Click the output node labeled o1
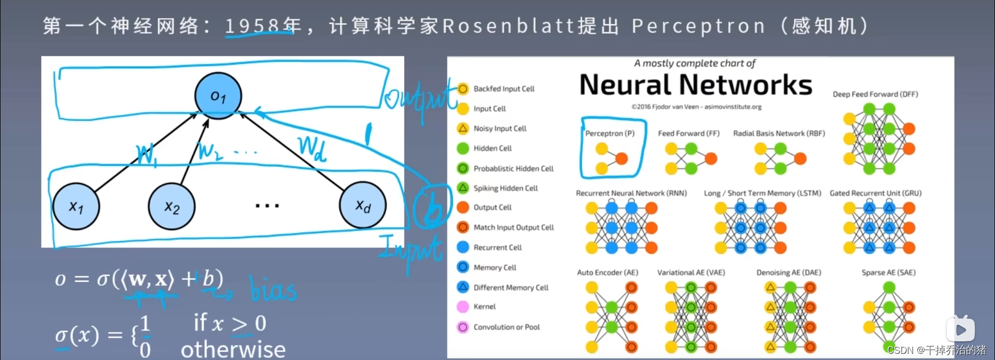point(218,96)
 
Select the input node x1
point(76,206)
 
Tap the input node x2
point(172,206)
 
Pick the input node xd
point(363,205)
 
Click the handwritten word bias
point(273,289)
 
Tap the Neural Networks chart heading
point(695,85)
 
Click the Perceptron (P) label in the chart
point(610,133)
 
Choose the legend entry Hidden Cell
point(492,148)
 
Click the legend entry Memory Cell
point(494,267)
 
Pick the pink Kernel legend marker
point(463,307)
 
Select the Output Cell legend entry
point(492,207)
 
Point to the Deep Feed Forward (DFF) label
point(875,94)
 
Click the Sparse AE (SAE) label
point(888,272)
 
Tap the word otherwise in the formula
point(233,349)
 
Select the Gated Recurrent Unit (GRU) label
point(875,193)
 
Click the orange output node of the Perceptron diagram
point(621,159)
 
